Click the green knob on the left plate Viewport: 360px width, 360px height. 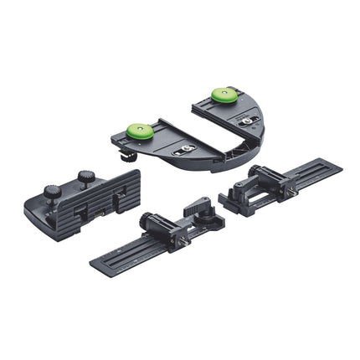(139, 131)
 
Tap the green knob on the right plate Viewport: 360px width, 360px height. (224, 94)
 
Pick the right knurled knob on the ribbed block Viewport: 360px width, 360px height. (86, 177)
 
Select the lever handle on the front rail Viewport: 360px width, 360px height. (198, 206)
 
